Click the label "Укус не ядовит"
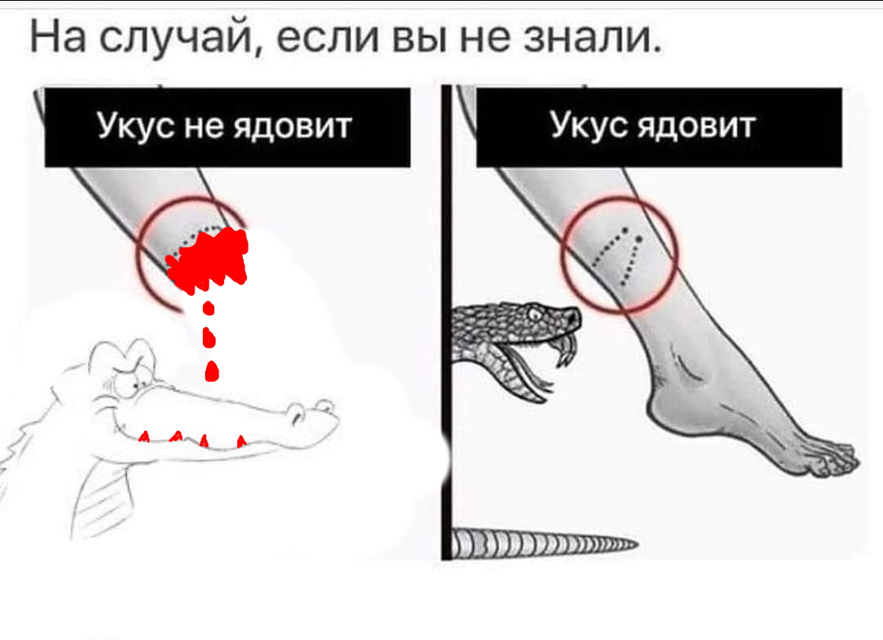pyautogui.click(x=225, y=126)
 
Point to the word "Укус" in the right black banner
pyautogui.click(x=589, y=125)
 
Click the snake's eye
pyautogui.click(x=535, y=314)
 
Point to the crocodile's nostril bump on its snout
pyautogui.click(x=325, y=405)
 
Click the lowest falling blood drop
pyautogui.click(x=211, y=371)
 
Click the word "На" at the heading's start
pyautogui.click(x=58, y=36)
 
